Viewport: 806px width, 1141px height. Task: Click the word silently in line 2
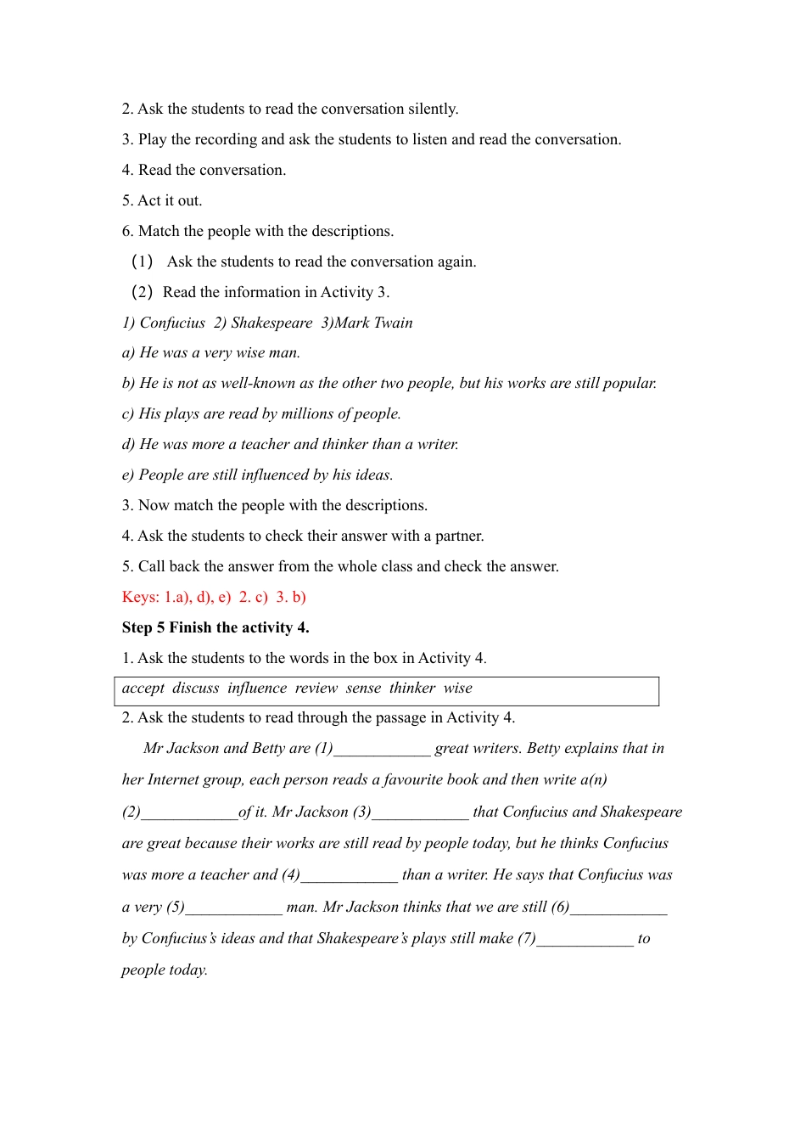[x=433, y=109]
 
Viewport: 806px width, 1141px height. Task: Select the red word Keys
[x=140, y=597]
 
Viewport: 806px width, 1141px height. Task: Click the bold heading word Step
[x=137, y=627]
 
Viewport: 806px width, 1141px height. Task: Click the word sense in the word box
[x=363, y=689]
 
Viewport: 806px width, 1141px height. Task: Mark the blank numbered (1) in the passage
[x=383, y=750]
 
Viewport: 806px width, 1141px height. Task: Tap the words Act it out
[x=170, y=200]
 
